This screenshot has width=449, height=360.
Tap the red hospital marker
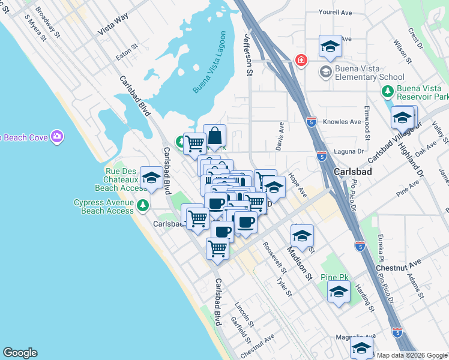[301, 61]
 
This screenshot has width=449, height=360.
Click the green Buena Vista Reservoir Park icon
[388, 91]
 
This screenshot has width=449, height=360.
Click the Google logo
[20, 353]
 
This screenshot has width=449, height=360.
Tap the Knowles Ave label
[343, 122]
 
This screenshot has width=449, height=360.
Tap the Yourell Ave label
[335, 12]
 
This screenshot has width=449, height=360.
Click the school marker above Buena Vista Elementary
[330, 46]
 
